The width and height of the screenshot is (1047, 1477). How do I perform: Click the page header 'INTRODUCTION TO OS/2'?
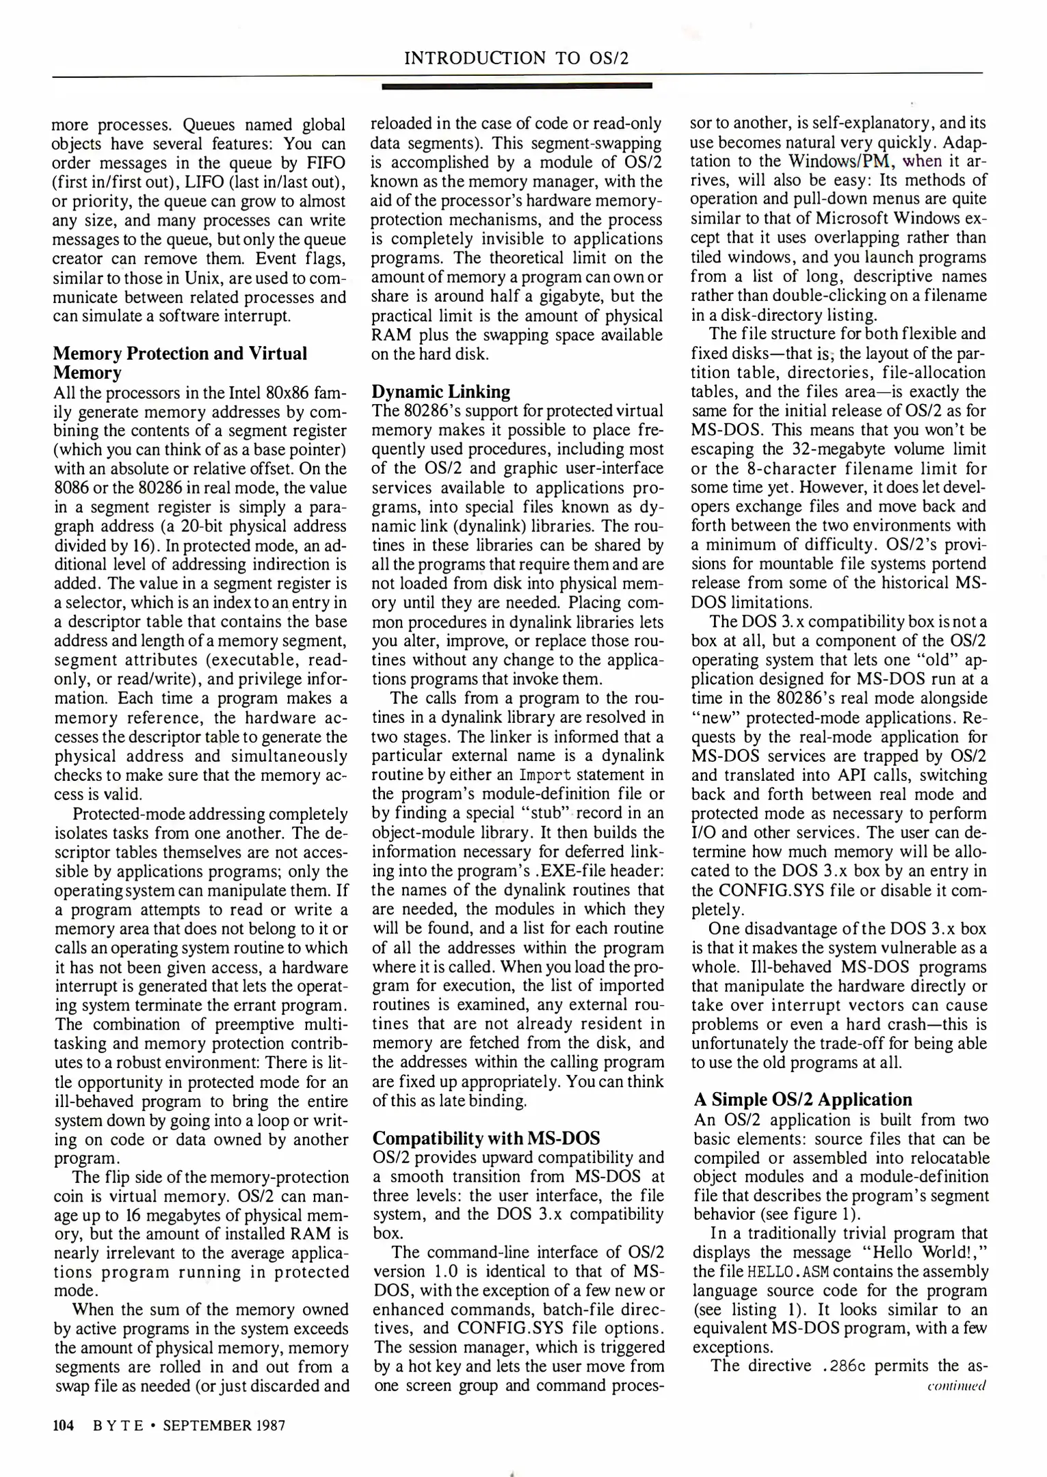coord(516,58)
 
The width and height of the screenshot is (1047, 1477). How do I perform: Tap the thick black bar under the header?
coord(516,86)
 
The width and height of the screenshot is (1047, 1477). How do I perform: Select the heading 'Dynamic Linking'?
coord(441,392)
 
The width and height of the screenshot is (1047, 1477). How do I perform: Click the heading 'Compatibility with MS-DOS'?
coord(486,1139)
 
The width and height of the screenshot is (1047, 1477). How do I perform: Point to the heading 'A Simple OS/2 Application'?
coord(803,1100)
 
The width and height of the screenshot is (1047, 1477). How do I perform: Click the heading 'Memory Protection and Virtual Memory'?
coord(180,362)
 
